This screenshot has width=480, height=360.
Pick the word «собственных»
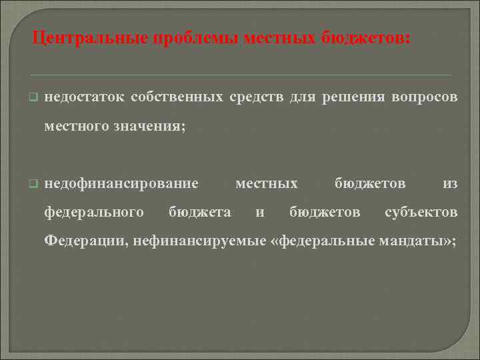pos(177,97)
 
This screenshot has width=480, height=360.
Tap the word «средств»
pos(257,97)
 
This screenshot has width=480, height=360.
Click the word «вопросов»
pos(424,97)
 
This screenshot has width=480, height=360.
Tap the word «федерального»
pos(93,212)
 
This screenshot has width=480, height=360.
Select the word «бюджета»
pos(200,212)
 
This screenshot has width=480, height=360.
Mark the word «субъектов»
pos(421,212)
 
